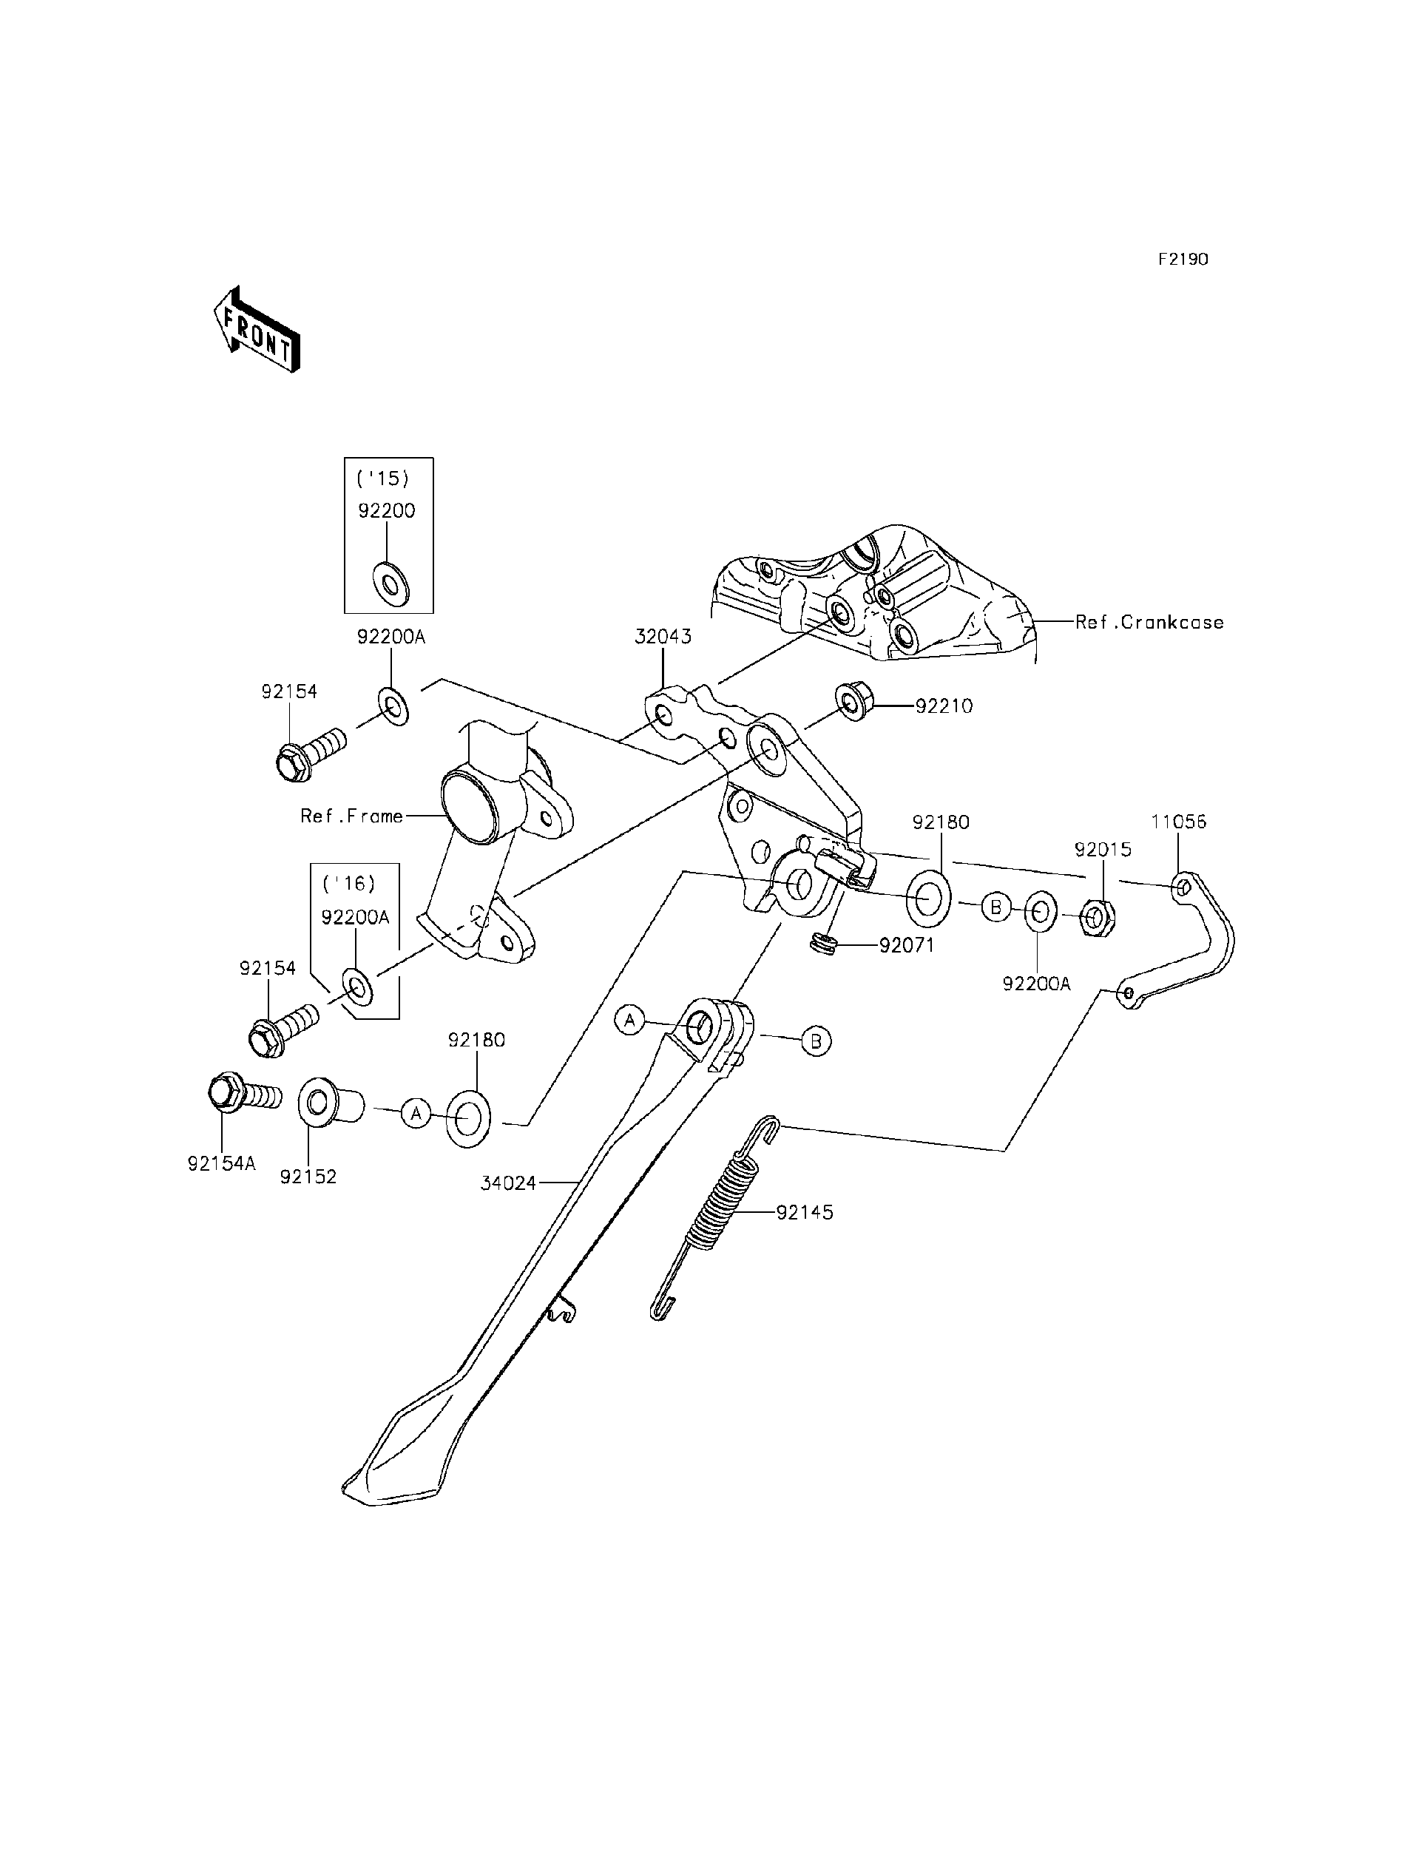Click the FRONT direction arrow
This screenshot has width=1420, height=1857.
click(x=256, y=330)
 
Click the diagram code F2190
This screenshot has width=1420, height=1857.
click(x=1183, y=260)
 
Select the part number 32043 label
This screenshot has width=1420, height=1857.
click(x=663, y=637)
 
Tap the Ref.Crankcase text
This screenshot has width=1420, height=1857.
click(x=1149, y=622)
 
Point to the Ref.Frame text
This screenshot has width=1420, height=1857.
click(x=351, y=816)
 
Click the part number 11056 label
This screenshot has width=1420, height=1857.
click(x=1178, y=822)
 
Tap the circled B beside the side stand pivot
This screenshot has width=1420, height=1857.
click(x=816, y=1041)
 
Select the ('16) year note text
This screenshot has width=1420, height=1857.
click(x=348, y=883)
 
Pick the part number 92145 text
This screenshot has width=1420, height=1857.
click(x=805, y=1212)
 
